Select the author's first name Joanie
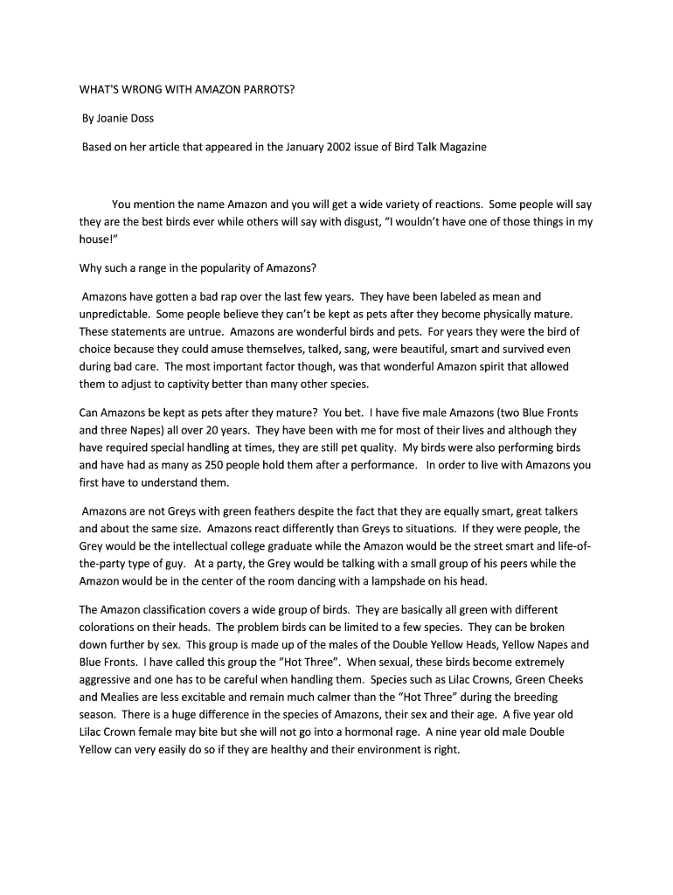(x=116, y=118)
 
